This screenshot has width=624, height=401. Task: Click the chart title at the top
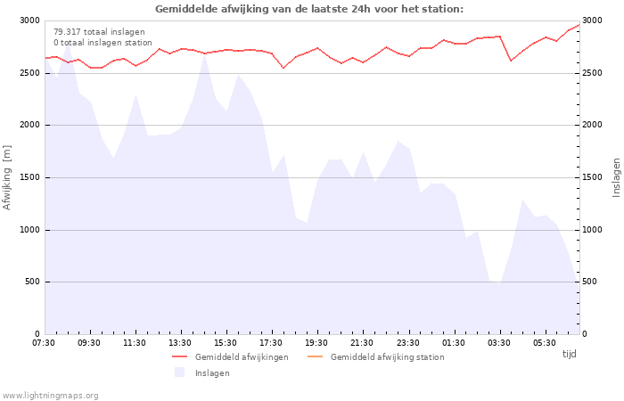click(309, 9)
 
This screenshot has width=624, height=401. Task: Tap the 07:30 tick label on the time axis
click(44, 343)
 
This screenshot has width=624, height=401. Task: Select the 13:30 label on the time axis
click(180, 343)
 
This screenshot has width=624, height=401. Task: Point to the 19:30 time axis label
click(316, 343)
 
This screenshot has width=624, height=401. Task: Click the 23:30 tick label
click(408, 343)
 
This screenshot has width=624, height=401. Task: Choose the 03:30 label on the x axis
click(499, 343)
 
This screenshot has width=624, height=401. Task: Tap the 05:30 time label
click(545, 343)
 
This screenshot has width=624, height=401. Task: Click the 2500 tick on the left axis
click(29, 73)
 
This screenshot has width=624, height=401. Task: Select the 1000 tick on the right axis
click(592, 230)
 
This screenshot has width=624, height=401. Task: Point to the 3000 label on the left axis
click(29, 20)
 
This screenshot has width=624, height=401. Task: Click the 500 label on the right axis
click(590, 282)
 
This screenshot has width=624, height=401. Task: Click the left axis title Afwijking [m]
click(7, 177)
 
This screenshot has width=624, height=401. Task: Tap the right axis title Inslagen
click(616, 177)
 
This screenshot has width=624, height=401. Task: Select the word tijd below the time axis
click(569, 354)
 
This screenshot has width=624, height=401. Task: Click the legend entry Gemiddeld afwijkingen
click(230, 356)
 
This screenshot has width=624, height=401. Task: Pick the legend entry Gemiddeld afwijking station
click(376, 356)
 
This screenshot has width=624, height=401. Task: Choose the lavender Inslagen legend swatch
click(179, 372)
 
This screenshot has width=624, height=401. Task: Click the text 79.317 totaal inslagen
click(99, 32)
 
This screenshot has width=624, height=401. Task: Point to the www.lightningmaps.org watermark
click(50, 396)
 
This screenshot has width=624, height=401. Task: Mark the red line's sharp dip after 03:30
click(511, 61)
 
